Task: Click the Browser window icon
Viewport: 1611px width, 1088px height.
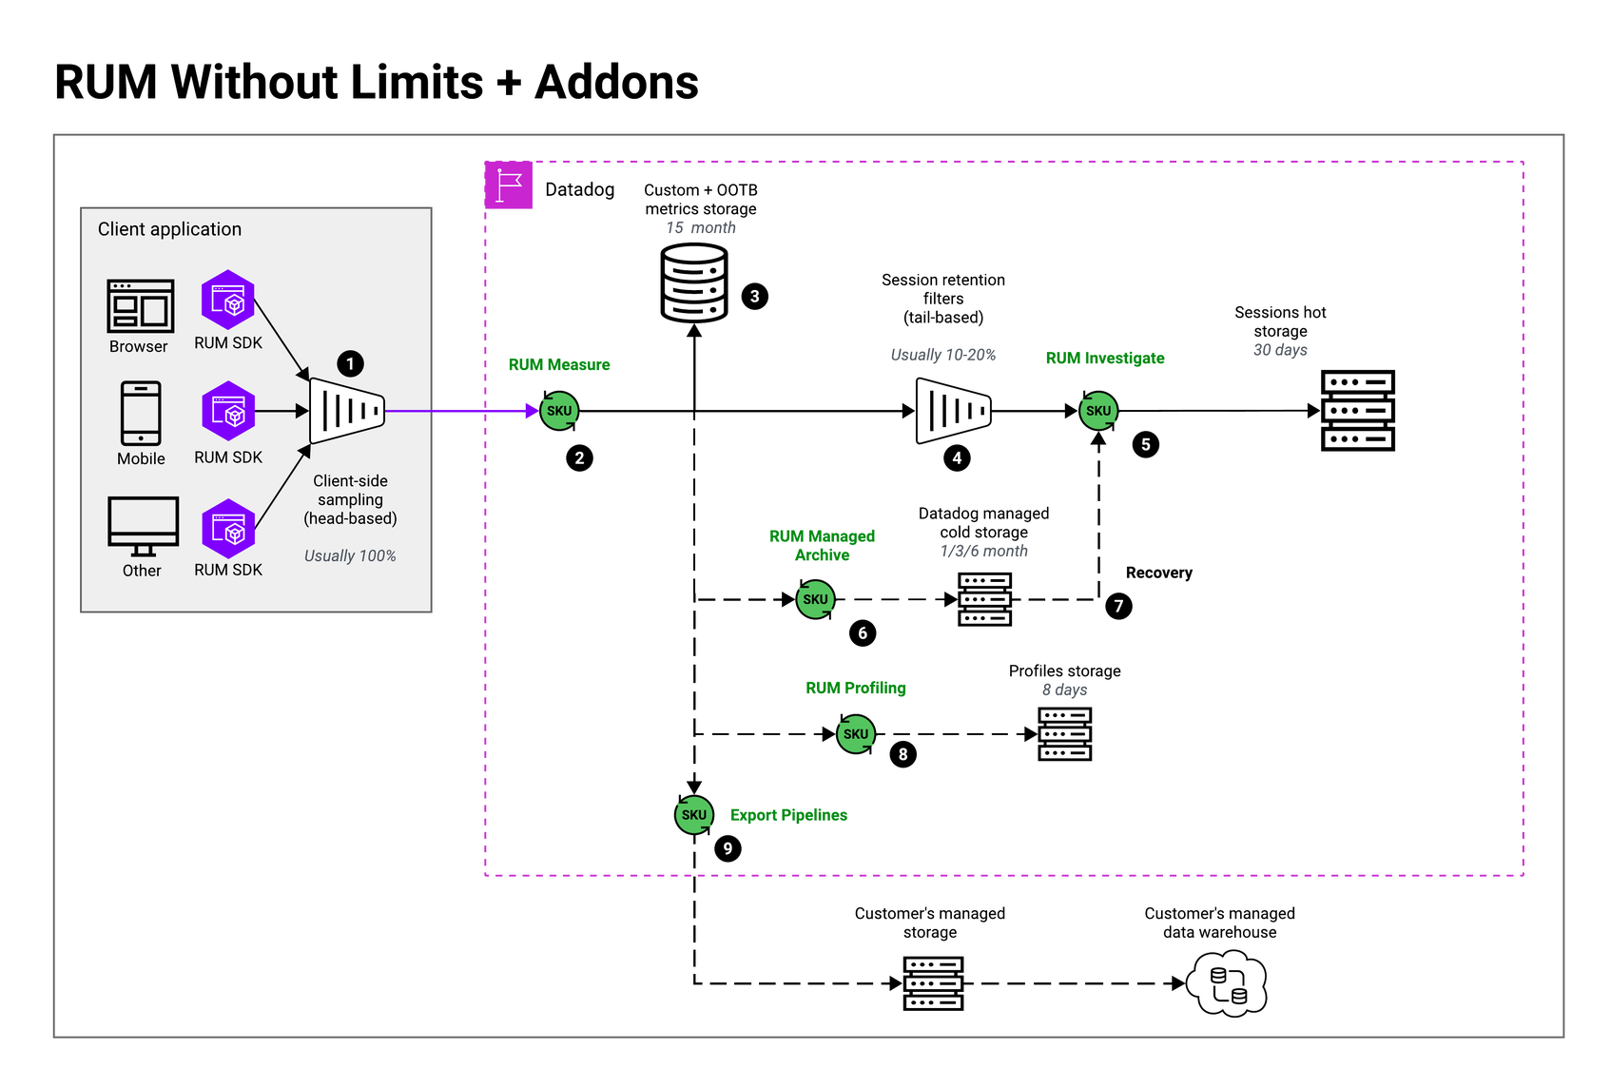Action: [140, 306]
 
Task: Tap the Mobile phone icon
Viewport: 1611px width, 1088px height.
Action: [140, 414]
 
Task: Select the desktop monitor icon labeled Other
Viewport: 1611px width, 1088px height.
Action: [143, 526]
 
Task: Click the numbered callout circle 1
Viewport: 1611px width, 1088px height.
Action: [350, 364]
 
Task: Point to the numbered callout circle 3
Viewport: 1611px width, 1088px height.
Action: [754, 297]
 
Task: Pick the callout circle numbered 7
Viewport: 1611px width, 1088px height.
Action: [1118, 606]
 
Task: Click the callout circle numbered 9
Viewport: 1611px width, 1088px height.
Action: [728, 848]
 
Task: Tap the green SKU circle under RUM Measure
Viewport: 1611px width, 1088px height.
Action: [559, 411]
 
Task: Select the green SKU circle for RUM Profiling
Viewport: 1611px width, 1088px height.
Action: [856, 733]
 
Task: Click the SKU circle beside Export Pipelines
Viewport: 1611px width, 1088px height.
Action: [694, 815]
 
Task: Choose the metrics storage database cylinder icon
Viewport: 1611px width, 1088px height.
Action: [694, 282]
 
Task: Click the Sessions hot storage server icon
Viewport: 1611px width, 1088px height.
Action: [1358, 411]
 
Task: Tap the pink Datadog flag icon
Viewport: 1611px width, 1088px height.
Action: [509, 185]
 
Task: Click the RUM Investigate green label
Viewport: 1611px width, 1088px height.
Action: [1105, 359]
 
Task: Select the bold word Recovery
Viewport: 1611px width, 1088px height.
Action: [1158, 573]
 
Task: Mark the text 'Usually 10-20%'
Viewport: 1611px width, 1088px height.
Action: [942, 355]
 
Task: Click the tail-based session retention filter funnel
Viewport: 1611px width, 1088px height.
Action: [954, 411]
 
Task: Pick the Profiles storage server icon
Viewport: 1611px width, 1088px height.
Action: [1064, 734]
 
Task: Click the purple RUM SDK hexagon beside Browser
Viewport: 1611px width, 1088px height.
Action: [228, 300]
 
